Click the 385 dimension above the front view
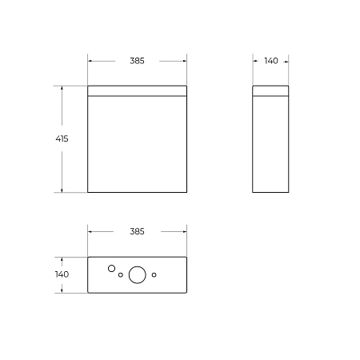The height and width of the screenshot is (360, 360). point(137,61)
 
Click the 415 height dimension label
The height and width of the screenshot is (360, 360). point(62,138)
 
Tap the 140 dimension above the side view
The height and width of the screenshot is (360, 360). point(270,61)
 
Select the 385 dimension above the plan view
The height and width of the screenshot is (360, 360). point(137,232)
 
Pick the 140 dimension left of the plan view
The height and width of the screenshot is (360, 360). point(62,274)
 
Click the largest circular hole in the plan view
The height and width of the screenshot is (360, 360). point(137,274)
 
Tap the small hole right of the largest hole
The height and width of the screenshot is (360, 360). point(154,275)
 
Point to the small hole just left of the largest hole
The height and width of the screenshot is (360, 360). point(121,276)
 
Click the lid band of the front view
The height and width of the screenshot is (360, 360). point(137,90)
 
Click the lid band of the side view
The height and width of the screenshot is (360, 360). point(270,90)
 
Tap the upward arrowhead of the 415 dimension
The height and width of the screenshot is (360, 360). point(62,88)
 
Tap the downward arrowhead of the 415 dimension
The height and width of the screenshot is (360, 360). point(62,190)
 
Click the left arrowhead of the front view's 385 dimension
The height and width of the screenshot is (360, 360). point(90,61)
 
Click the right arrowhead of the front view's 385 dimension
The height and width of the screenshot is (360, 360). point(184,61)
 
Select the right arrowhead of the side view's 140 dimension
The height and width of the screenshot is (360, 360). point(286,61)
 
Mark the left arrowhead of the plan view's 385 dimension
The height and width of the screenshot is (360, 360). point(90,232)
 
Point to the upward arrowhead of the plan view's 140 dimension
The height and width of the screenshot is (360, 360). point(62,259)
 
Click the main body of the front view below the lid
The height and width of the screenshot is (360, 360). point(137,144)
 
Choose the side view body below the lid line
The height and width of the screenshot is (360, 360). point(270,144)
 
